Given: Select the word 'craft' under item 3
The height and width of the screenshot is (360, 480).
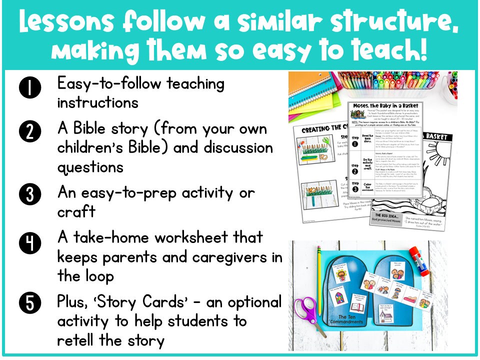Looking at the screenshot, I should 76,211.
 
